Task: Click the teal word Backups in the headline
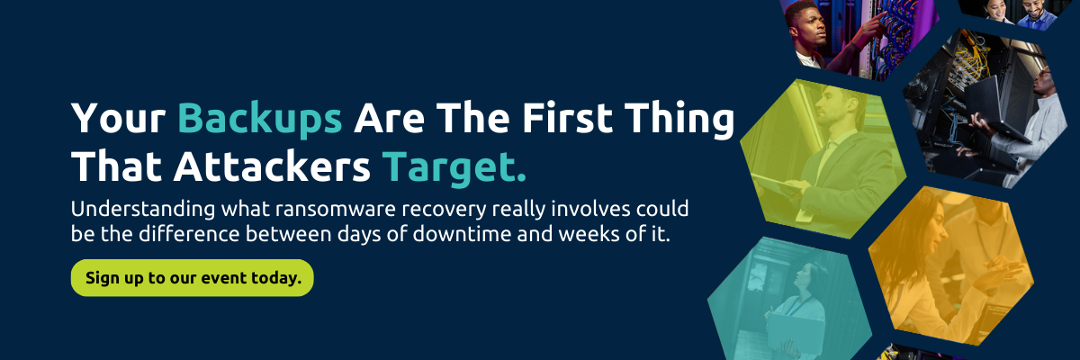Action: pos(260,119)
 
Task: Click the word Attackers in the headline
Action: pos(272,166)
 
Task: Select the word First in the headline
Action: pos(567,118)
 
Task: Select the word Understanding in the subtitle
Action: pos(143,210)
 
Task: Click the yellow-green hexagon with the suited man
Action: pos(823,158)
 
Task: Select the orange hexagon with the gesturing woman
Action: pos(951,265)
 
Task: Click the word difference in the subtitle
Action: pos(189,234)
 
